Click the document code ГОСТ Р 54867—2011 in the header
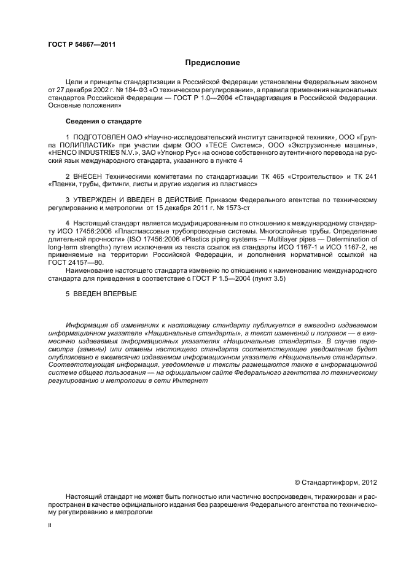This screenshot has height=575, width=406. [x=82, y=44]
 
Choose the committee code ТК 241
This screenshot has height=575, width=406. [x=366, y=176]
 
